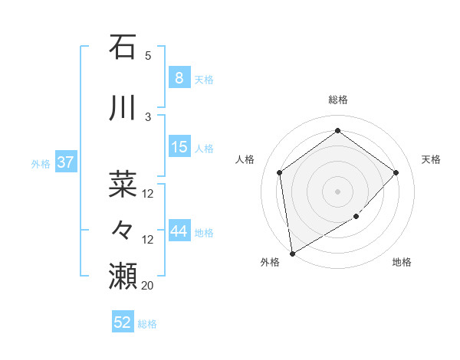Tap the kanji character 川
click(x=123, y=106)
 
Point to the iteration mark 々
click(x=123, y=229)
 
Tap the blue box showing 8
click(x=179, y=77)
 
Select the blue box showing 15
click(x=179, y=147)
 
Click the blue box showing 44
click(x=179, y=231)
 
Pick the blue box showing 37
click(x=65, y=162)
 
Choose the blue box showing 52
click(x=123, y=322)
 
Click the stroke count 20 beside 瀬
click(x=148, y=285)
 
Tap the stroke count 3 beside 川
click(x=148, y=116)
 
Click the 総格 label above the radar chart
click(x=337, y=100)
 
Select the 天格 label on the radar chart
click(x=431, y=159)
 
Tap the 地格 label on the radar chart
click(x=402, y=262)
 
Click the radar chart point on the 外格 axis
click(x=292, y=253)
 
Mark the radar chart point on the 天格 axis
click(x=396, y=172)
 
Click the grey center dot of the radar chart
click(x=337, y=191)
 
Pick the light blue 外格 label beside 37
click(x=41, y=163)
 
